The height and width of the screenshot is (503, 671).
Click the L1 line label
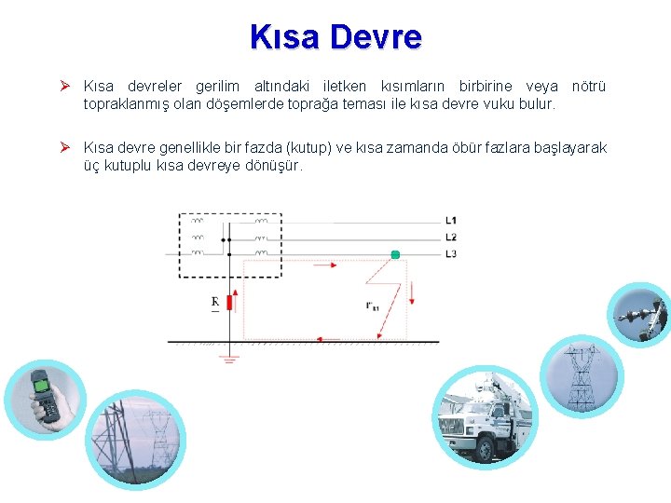(451, 221)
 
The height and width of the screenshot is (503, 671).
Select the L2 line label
(451, 238)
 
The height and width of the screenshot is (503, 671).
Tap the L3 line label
(451, 253)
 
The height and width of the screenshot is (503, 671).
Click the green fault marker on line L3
(395, 254)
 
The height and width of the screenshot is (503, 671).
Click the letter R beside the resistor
(215, 302)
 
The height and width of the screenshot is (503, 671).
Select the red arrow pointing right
(325, 265)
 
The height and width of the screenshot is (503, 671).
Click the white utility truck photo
(486, 416)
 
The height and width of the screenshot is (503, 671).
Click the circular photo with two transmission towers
(130, 438)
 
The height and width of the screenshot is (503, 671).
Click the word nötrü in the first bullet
(587, 87)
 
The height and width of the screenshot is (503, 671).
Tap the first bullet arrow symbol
(67, 87)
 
